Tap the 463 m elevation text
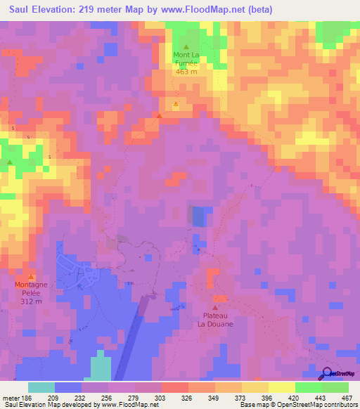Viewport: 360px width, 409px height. click(x=186, y=72)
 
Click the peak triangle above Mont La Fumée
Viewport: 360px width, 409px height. click(x=186, y=46)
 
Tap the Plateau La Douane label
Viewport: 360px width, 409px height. click(x=215, y=320)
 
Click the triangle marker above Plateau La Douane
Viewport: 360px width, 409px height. click(x=215, y=306)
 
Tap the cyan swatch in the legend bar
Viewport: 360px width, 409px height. click(x=41, y=387)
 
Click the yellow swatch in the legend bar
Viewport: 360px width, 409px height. click(x=282, y=387)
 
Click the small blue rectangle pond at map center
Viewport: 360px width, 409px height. click(x=200, y=216)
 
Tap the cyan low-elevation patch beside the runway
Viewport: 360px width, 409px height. click(x=101, y=365)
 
